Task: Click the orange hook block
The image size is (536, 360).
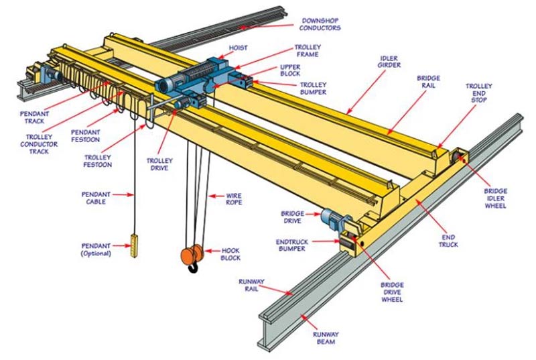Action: [x=190, y=256]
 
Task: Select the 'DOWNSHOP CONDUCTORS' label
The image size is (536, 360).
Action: [x=320, y=24]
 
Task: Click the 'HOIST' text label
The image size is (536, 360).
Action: [x=238, y=48]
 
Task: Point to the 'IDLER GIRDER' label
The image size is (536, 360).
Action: [x=390, y=63]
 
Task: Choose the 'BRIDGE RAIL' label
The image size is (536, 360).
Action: [x=428, y=82]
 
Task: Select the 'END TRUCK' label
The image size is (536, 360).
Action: [x=449, y=241]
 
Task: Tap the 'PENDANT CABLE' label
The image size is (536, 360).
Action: [x=96, y=198]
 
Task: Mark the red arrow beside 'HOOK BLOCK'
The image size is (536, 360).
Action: [x=213, y=253]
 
